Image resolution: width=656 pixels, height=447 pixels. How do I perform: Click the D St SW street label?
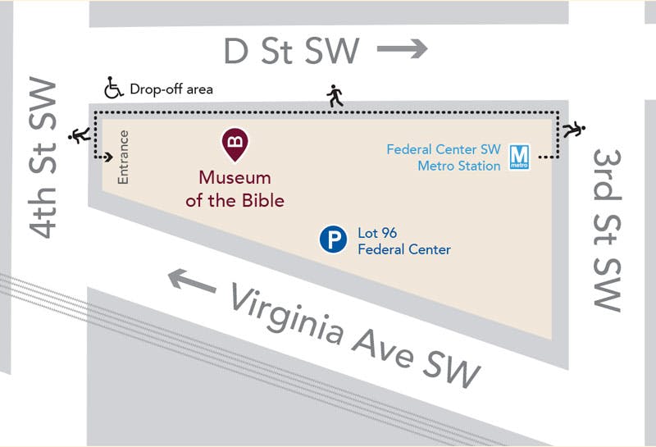(x=291, y=51)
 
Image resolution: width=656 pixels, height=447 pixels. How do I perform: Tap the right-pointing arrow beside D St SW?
(x=403, y=49)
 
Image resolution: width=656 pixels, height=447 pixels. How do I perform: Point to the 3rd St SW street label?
(x=608, y=230)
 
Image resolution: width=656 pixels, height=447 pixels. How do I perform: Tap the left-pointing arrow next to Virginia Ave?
(x=193, y=281)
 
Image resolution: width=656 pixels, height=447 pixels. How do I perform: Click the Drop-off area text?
(x=171, y=89)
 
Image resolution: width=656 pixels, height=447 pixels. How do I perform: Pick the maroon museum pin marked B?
(x=235, y=144)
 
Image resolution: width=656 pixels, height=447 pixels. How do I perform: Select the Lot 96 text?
(x=377, y=234)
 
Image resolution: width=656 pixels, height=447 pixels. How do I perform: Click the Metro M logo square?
(x=518, y=157)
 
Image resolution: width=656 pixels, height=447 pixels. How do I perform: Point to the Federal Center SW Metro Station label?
(x=443, y=157)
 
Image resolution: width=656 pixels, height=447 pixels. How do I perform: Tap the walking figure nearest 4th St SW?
(x=80, y=135)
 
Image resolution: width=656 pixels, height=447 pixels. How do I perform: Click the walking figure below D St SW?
(x=335, y=96)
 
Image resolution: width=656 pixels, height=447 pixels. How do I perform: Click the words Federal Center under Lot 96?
(x=404, y=249)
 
